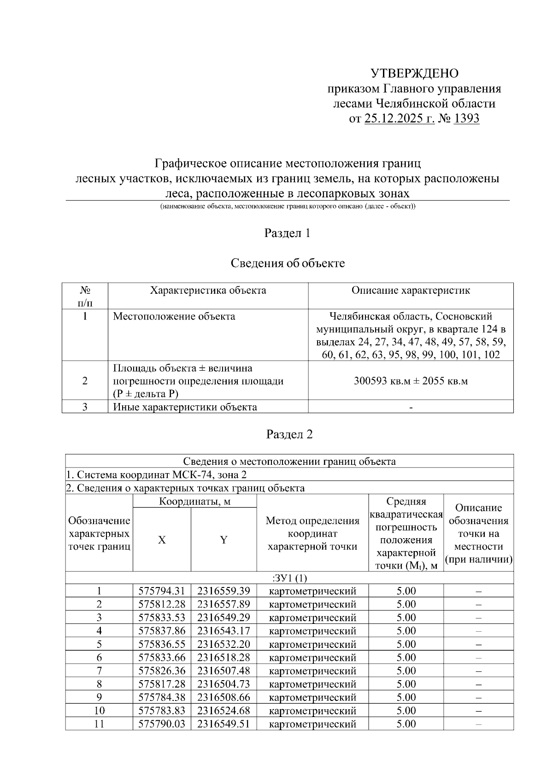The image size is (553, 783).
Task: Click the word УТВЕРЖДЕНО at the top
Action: coord(414,74)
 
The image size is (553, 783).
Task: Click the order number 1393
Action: coord(466,119)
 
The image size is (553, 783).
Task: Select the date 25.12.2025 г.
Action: coord(399,119)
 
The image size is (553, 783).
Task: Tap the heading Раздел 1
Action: coord(287,233)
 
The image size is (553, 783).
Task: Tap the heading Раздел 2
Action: coord(289,434)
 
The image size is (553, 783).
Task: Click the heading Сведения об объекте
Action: coord(288,263)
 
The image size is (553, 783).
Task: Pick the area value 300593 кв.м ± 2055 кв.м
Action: coord(411,381)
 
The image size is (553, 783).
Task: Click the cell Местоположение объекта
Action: coord(174,316)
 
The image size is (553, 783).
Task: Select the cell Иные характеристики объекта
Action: coord(185,407)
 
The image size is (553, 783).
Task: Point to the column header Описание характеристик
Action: coord(411,291)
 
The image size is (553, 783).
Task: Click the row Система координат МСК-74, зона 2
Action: coord(159,475)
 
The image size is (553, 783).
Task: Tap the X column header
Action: coord(162,540)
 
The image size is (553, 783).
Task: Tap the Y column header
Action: coord(224,540)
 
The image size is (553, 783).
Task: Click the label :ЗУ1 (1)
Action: coord(289,578)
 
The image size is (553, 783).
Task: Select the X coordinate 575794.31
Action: coord(162,591)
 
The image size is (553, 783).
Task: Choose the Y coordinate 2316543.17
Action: coord(224,631)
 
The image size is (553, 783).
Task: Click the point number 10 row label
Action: coord(99,711)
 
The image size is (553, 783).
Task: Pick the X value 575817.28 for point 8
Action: coord(162,684)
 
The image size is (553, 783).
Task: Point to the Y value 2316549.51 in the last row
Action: coord(224,724)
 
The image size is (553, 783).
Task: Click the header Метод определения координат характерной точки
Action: coord(312,534)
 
